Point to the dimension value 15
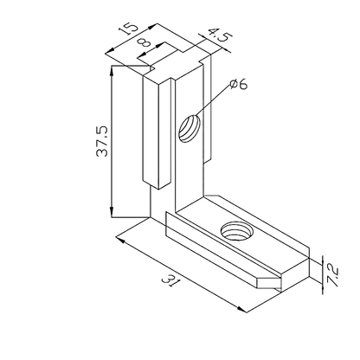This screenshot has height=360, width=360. pos(129,30)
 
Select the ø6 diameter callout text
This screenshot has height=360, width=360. pos(240,84)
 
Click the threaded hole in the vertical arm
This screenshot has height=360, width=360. pos(189,131)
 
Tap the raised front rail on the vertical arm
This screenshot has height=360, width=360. pos(153,130)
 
